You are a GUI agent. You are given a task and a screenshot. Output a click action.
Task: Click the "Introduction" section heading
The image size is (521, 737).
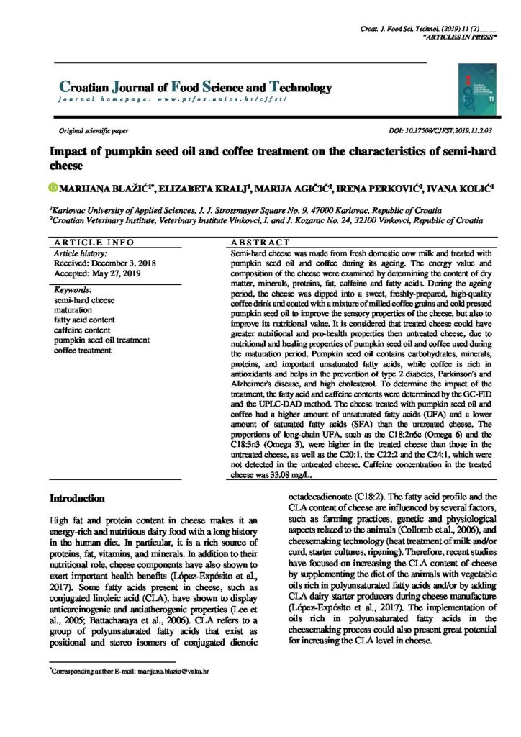[x=77, y=498]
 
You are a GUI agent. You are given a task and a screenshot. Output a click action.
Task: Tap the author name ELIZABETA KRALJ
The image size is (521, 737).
[x=203, y=189]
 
